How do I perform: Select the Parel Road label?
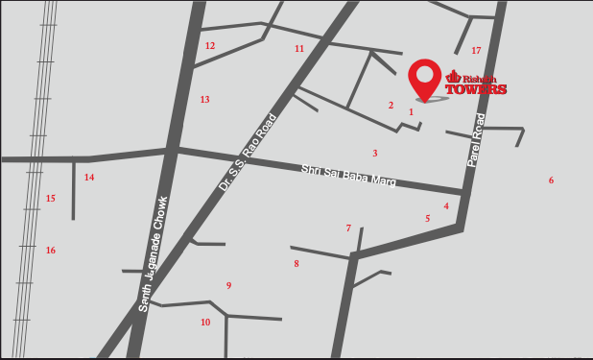tap(476, 141)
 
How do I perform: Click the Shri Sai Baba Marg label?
tap(348, 175)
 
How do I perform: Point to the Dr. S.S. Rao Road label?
tap(248, 152)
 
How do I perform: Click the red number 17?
tap(476, 51)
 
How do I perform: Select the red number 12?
tap(210, 46)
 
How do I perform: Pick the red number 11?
tap(299, 49)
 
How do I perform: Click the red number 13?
tap(204, 100)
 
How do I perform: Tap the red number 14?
tap(89, 178)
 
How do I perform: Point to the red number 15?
tap(51, 199)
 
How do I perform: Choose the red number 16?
tap(51, 251)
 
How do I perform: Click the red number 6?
tap(551, 180)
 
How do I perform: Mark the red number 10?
tap(205, 323)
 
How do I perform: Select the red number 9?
tap(228, 286)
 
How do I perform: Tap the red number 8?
tap(296, 264)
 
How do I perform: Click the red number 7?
tap(348, 228)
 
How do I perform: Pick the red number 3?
tap(375, 154)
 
